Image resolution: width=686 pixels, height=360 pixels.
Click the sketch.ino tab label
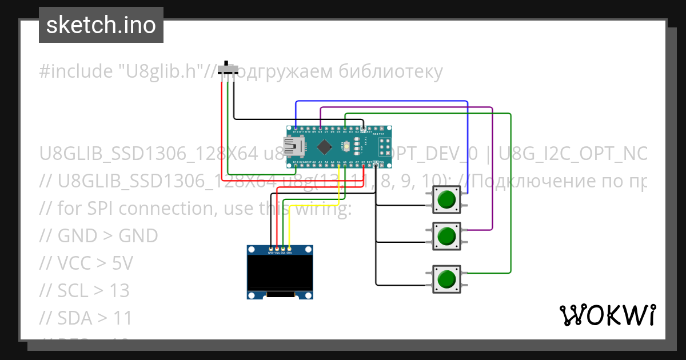(101, 25)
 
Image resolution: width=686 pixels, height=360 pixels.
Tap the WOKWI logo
(607, 315)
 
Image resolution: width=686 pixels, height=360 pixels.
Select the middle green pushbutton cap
(446, 235)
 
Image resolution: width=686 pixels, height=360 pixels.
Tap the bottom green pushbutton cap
(446, 279)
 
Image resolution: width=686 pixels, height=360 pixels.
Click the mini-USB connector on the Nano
(296, 147)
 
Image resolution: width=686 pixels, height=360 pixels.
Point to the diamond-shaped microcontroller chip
(324, 146)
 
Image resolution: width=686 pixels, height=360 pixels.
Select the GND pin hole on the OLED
(271, 249)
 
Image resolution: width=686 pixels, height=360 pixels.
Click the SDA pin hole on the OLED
(289, 249)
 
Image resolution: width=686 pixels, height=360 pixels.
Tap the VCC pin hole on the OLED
(277, 249)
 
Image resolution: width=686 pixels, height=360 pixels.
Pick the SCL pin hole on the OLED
(283, 249)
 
